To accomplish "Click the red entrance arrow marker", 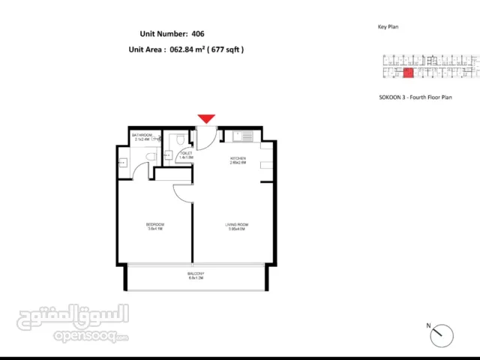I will [206, 118].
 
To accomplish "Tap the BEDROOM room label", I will [155, 224].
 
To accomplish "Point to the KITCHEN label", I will [238, 159].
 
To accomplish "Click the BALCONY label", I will [196, 274].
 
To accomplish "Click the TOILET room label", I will [185, 152].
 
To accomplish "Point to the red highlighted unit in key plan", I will [409, 73].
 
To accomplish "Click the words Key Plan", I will [388, 27].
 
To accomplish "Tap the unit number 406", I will [198, 34].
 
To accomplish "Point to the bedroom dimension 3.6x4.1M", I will [155, 229].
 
